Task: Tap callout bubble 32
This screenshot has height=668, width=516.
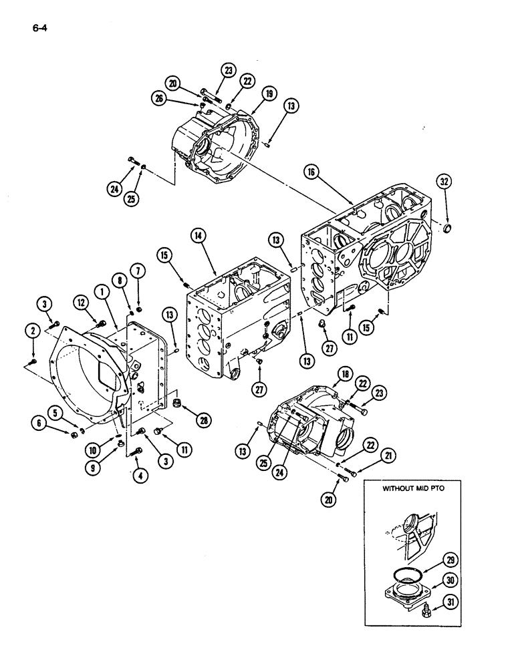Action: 444,180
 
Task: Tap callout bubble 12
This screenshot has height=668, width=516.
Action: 81,304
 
